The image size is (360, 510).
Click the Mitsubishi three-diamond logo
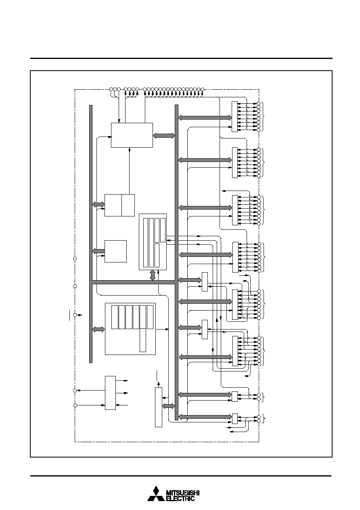(156, 493)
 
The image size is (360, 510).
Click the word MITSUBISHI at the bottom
(183, 493)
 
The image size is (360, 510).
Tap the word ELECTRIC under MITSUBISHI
(181, 498)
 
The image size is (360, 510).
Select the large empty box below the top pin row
(132, 135)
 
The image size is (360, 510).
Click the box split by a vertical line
(119, 205)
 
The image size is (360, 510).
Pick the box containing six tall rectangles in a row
(130, 329)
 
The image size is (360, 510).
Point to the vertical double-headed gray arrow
(153, 275)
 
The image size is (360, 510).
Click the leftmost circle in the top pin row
(111, 89)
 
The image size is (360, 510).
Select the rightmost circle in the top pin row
(202, 89)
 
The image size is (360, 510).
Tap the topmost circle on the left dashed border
(75, 259)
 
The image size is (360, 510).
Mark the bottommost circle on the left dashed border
(75, 405)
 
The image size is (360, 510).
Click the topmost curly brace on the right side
(263, 117)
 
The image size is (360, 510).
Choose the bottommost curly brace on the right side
(263, 419)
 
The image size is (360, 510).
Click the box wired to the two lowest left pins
(110, 393)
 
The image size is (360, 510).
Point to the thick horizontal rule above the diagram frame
(181, 59)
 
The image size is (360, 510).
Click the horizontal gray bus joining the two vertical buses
(133, 282)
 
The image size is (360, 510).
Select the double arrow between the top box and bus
(164, 136)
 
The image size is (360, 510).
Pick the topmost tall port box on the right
(234, 117)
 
